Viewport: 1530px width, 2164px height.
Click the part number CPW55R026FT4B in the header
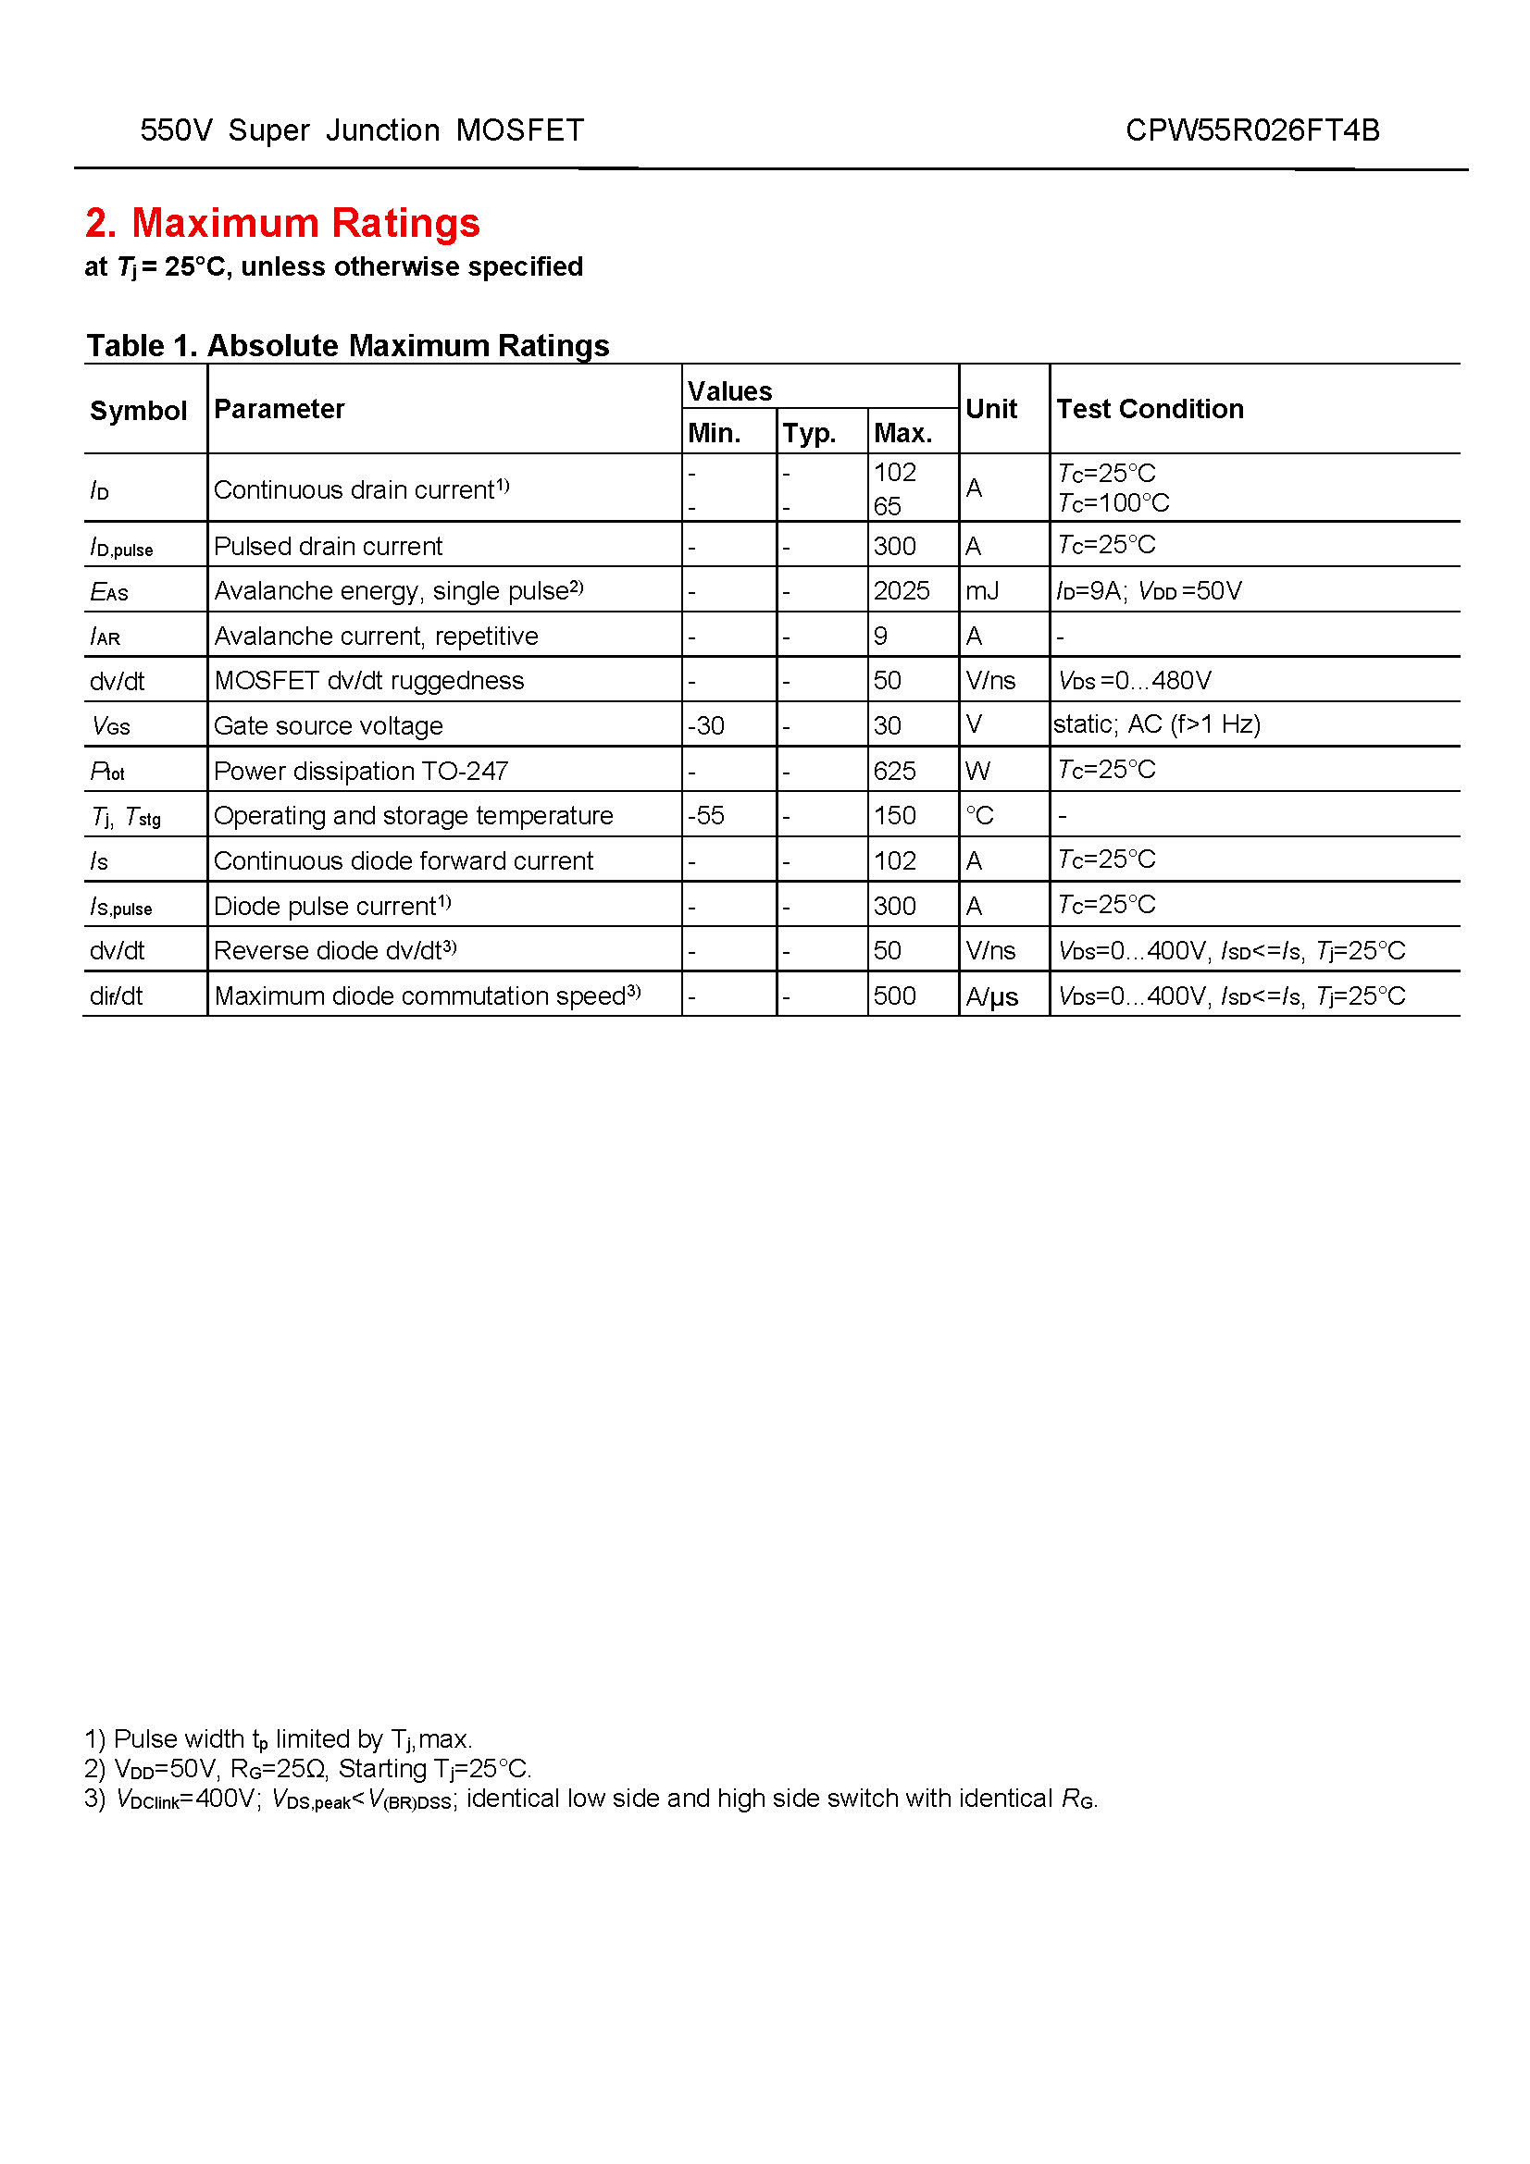click(x=1252, y=130)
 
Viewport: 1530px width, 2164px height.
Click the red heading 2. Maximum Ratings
click(x=282, y=223)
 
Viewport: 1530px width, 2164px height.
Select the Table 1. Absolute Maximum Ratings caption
click(x=348, y=346)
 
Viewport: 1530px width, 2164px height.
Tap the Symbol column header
click(x=139, y=411)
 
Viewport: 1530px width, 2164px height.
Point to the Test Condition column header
click(x=1150, y=409)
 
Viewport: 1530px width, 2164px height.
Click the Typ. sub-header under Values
click(x=809, y=433)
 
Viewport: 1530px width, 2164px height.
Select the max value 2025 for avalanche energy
click(x=901, y=591)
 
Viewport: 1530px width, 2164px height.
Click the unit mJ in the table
click(x=981, y=591)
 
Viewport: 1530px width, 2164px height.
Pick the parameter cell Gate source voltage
click(x=328, y=725)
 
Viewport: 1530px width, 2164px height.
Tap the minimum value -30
click(x=706, y=725)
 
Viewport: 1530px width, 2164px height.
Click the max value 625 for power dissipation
click(x=894, y=771)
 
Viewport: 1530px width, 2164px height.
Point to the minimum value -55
click(x=706, y=815)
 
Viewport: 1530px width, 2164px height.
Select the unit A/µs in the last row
click(x=991, y=996)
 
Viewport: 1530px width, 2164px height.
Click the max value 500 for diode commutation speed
click(x=894, y=996)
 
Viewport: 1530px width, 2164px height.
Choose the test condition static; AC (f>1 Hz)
click(x=1157, y=723)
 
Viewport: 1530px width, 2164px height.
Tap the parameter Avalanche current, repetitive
click(x=376, y=637)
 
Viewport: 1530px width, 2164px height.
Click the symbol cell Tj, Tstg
click(x=125, y=816)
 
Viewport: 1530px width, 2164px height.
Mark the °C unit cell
click(x=979, y=815)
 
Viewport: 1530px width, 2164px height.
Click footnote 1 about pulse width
click(x=278, y=1739)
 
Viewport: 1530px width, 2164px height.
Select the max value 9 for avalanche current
click(x=880, y=637)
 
